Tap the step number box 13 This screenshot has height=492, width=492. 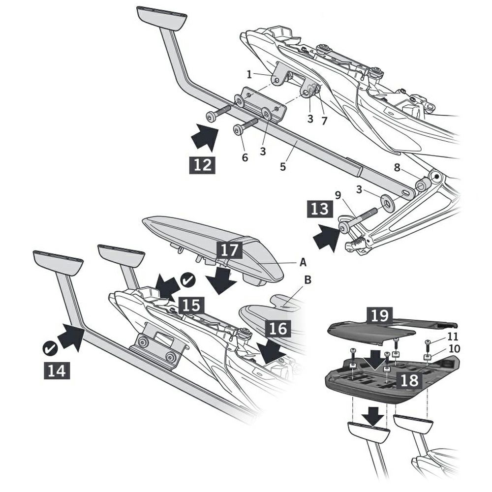click(321, 210)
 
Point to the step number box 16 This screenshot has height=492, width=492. click(277, 328)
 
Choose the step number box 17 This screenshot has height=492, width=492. click(229, 249)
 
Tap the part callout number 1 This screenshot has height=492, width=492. click(249, 75)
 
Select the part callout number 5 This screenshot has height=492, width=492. click(283, 166)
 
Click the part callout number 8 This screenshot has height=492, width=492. click(397, 167)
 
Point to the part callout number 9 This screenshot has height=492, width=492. click(338, 195)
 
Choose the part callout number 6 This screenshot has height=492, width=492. click(245, 157)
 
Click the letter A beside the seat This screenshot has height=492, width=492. click(303, 262)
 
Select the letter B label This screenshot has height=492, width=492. click(308, 280)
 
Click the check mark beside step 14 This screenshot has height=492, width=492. click(50, 348)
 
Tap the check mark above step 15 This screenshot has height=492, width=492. click(188, 280)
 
